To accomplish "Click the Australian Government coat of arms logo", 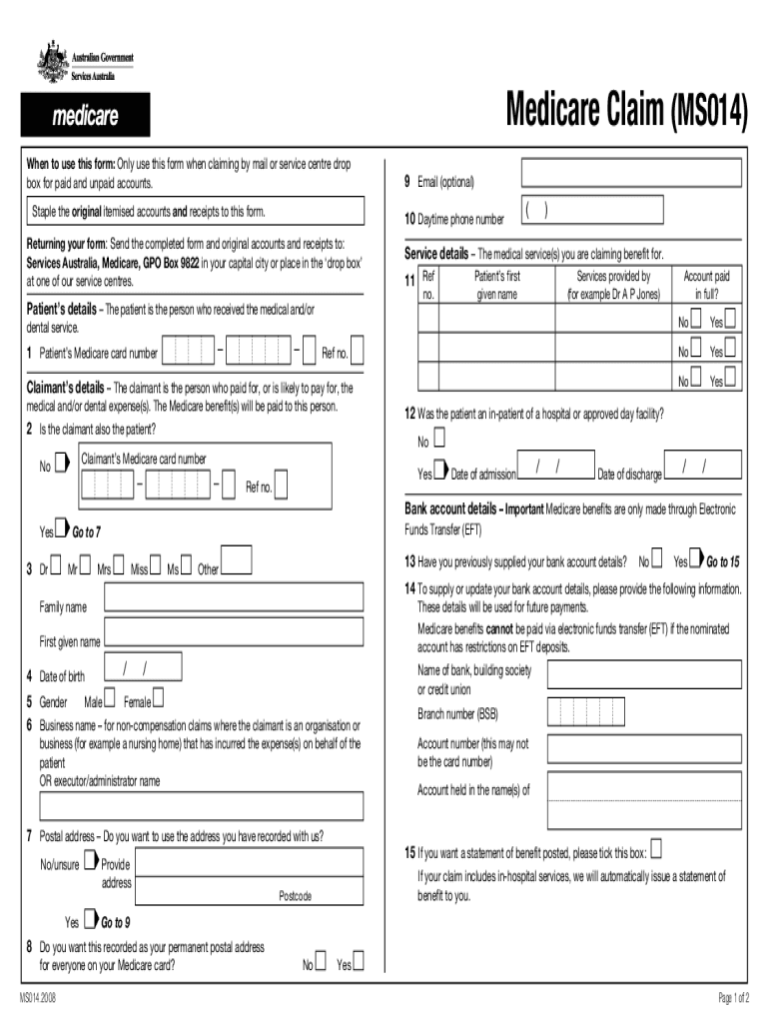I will pyautogui.click(x=49, y=55).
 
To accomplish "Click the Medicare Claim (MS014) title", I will pyautogui.click(x=626, y=110).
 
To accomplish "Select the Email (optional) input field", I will pyautogui.click(x=631, y=173).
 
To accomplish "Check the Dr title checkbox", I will pyautogui.click(x=56, y=568).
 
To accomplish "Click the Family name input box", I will pyautogui.click(x=233, y=597).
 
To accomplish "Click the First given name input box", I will pyautogui.click(x=233, y=632).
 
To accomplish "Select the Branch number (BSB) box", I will pyautogui.click(x=583, y=710).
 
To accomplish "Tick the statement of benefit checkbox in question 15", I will pyautogui.click(x=656, y=850).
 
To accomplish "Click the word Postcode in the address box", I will pyautogui.click(x=295, y=896).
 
